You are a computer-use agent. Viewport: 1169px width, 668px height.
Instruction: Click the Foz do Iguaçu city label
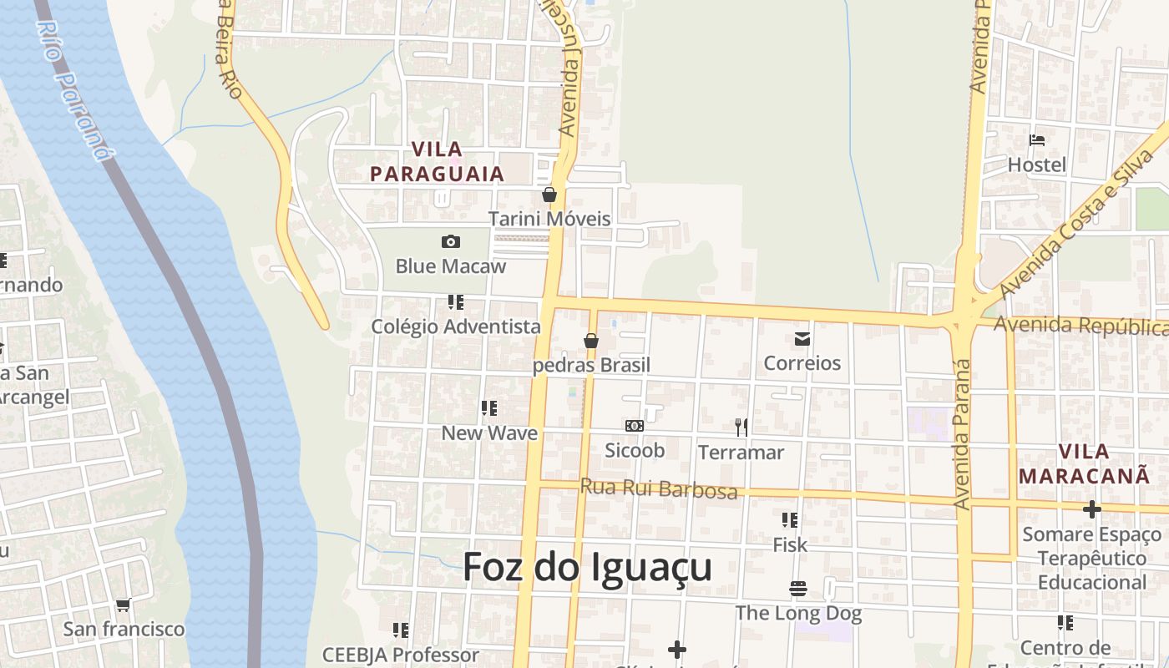point(587,567)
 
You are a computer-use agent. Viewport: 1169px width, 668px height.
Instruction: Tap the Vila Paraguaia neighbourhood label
point(438,162)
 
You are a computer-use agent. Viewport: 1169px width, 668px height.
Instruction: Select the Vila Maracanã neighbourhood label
point(1085,463)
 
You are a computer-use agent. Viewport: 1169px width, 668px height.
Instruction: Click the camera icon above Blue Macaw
point(451,242)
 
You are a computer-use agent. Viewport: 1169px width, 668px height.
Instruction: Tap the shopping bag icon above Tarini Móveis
point(549,195)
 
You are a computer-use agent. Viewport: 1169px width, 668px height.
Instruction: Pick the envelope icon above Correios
point(802,339)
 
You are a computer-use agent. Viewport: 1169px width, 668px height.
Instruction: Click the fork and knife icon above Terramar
point(741,428)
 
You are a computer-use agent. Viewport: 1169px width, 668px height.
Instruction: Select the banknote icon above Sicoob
point(635,426)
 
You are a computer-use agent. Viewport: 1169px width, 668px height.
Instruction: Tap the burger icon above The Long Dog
point(797,589)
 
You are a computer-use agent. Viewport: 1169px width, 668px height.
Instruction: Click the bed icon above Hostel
point(1037,140)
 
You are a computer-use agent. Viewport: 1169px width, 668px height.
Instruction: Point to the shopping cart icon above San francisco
point(124,605)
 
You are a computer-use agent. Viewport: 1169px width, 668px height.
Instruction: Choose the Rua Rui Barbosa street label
point(659,488)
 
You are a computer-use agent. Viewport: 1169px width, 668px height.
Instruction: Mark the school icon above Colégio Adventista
point(455,302)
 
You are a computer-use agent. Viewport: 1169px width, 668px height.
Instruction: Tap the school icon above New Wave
point(489,408)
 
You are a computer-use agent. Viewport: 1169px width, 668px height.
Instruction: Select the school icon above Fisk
point(790,520)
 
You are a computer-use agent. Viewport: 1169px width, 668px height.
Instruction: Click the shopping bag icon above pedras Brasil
point(591,341)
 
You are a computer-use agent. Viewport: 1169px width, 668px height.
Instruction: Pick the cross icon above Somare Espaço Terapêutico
point(1091,509)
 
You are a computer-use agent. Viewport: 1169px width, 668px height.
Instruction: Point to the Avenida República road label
point(1080,325)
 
